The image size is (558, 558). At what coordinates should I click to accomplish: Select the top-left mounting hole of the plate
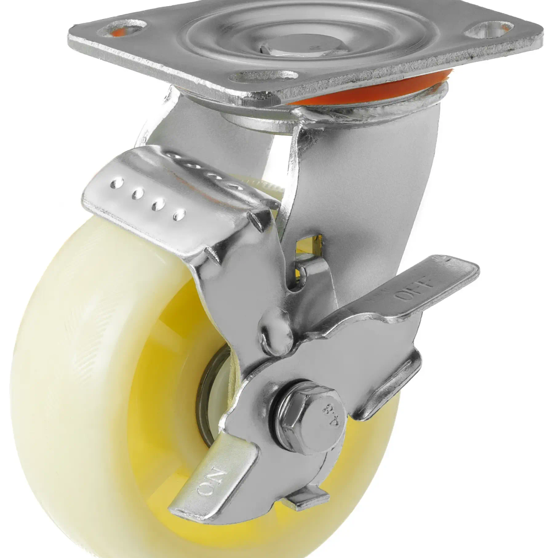click(x=123, y=28)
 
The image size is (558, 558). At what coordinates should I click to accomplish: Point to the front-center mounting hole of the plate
click(x=263, y=76)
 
